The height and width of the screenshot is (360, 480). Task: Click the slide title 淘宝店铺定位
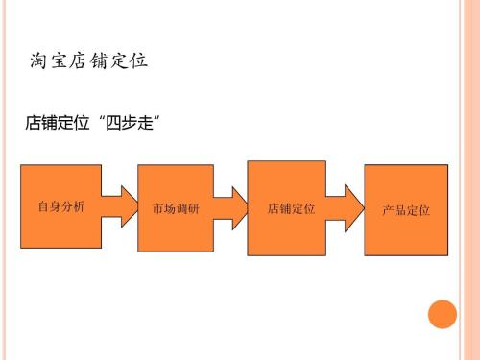pyautogui.click(x=88, y=63)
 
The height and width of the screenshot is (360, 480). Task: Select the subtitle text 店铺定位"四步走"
pyautogui.click(x=91, y=124)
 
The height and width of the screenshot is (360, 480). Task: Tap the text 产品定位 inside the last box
pyautogui.click(x=405, y=210)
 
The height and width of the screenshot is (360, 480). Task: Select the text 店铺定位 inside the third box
pyautogui.click(x=286, y=208)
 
